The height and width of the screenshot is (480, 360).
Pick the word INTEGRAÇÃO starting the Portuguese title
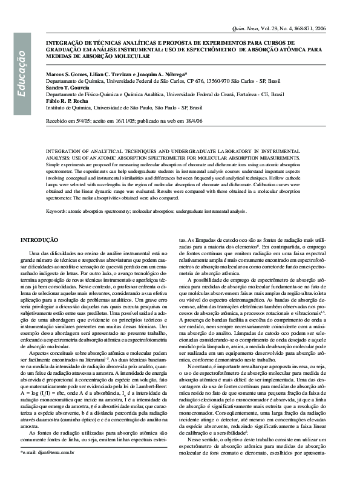[x=67, y=44]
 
